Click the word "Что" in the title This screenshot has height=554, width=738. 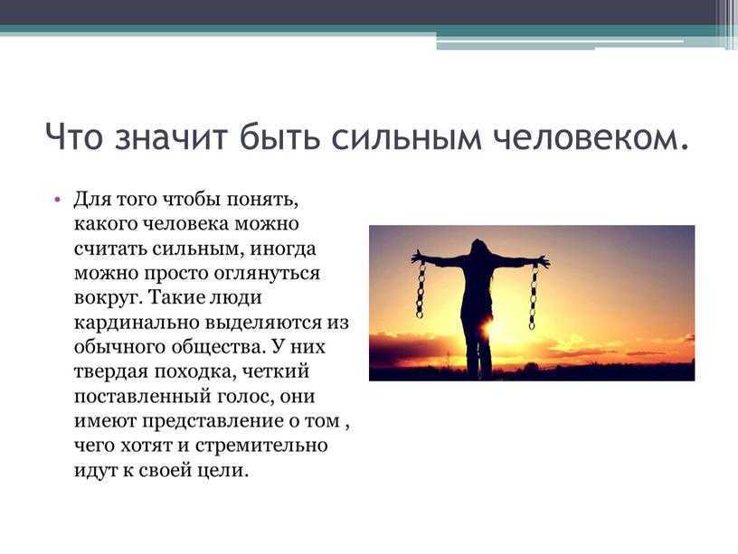73,136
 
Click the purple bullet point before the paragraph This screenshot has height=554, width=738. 57,199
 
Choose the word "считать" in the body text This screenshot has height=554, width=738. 110,249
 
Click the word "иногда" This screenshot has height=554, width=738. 282,249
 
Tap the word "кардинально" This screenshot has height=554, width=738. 137,323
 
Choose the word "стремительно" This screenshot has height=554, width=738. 260,446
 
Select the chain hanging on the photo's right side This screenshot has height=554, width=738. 534,297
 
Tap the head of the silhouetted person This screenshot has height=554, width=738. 479,248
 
